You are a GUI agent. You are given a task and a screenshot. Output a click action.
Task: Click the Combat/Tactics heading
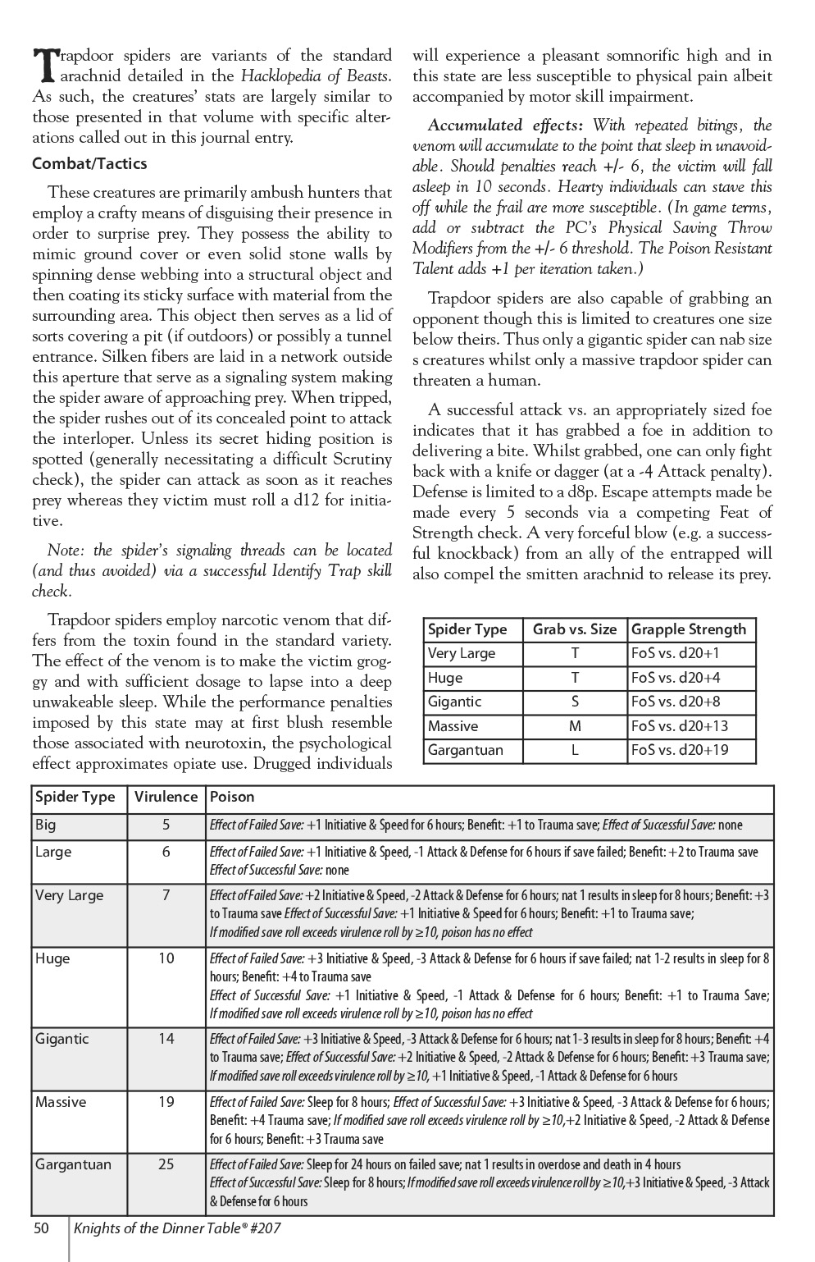click(89, 163)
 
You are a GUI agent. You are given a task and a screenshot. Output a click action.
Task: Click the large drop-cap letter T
click(45, 64)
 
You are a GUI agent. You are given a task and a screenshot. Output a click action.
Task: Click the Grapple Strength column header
click(689, 629)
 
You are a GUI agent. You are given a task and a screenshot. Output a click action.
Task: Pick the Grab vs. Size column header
click(574, 629)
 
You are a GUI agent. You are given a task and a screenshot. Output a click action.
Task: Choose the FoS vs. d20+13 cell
click(680, 726)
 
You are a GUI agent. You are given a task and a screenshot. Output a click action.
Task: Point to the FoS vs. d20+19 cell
click(680, 750)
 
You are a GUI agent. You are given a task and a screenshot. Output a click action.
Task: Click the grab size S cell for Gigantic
click(575, 702)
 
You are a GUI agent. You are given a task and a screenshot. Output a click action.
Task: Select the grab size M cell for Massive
click(575, 726)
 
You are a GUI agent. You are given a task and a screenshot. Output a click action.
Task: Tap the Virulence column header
click(166, 797)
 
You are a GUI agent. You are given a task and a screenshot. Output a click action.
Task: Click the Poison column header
click(232, 797)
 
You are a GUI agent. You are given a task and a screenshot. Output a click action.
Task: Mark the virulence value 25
click(166, 1164)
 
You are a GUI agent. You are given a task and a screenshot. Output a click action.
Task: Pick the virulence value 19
click(166, 1101)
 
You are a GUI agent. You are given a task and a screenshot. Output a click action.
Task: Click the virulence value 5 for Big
click(166, 824)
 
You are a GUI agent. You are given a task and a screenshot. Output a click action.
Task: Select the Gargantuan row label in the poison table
click(73, 1164)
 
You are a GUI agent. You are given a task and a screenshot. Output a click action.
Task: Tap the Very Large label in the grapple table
click(462, 653)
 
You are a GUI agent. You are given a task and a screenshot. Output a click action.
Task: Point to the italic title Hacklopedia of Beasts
click(315, 76)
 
